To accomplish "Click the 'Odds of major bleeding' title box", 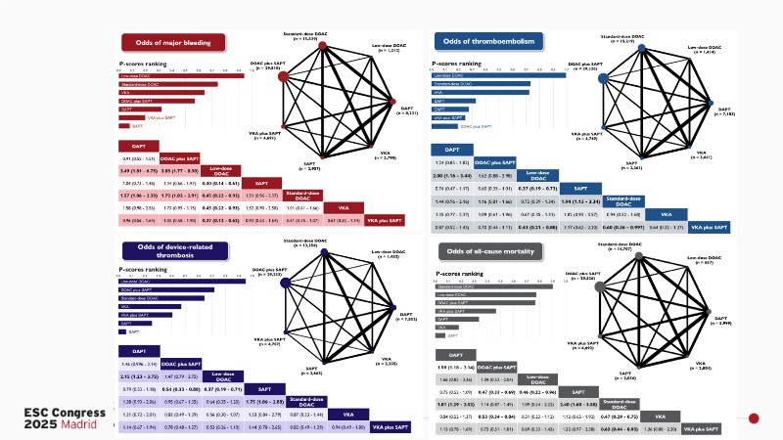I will click(x=172, y=43).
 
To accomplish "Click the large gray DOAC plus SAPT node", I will click(x=602, y=285).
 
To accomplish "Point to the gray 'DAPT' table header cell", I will click(x=456, y=355).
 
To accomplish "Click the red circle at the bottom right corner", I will click(x=754, y=418).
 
